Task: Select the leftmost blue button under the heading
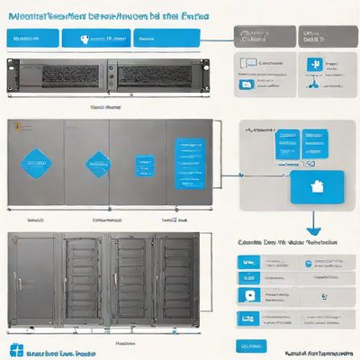[31, 39]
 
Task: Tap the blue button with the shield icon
[98, 39]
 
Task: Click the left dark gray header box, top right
[262, 36]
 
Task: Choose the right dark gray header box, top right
[321, 36]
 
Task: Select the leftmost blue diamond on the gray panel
[37, 163]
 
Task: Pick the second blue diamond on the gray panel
[95, 164]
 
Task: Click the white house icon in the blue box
[316, 188]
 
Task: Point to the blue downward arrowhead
[313, 230]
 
